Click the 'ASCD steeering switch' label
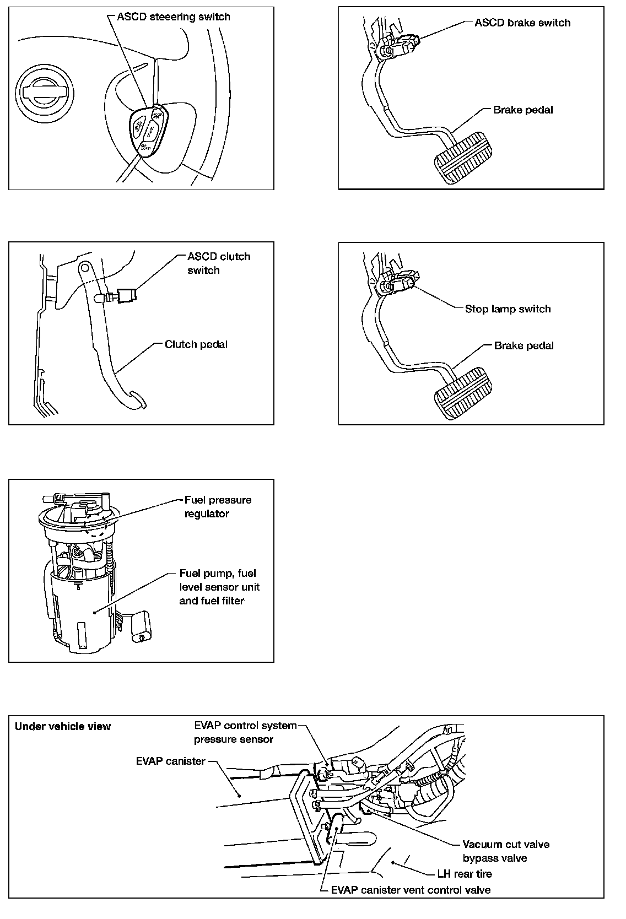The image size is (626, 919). (174, 17)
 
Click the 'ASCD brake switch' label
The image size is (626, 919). (522, 23)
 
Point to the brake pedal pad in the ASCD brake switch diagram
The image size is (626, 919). (462, 156)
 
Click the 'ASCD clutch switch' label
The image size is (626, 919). (219, 263)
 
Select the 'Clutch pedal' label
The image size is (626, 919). (196, 345)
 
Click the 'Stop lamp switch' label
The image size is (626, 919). (508, 309)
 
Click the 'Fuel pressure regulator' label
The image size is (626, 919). (218, 507)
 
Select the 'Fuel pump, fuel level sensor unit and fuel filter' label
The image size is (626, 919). (219, 587)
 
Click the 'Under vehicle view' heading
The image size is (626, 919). (63, 726)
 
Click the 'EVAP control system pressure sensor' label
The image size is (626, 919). (245, 732)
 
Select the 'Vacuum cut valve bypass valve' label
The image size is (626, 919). (505, 851)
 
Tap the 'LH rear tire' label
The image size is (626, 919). (464, 874)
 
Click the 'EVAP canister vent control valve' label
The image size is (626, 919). (411, 890)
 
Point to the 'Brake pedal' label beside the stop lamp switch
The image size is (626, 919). (524, 346)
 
